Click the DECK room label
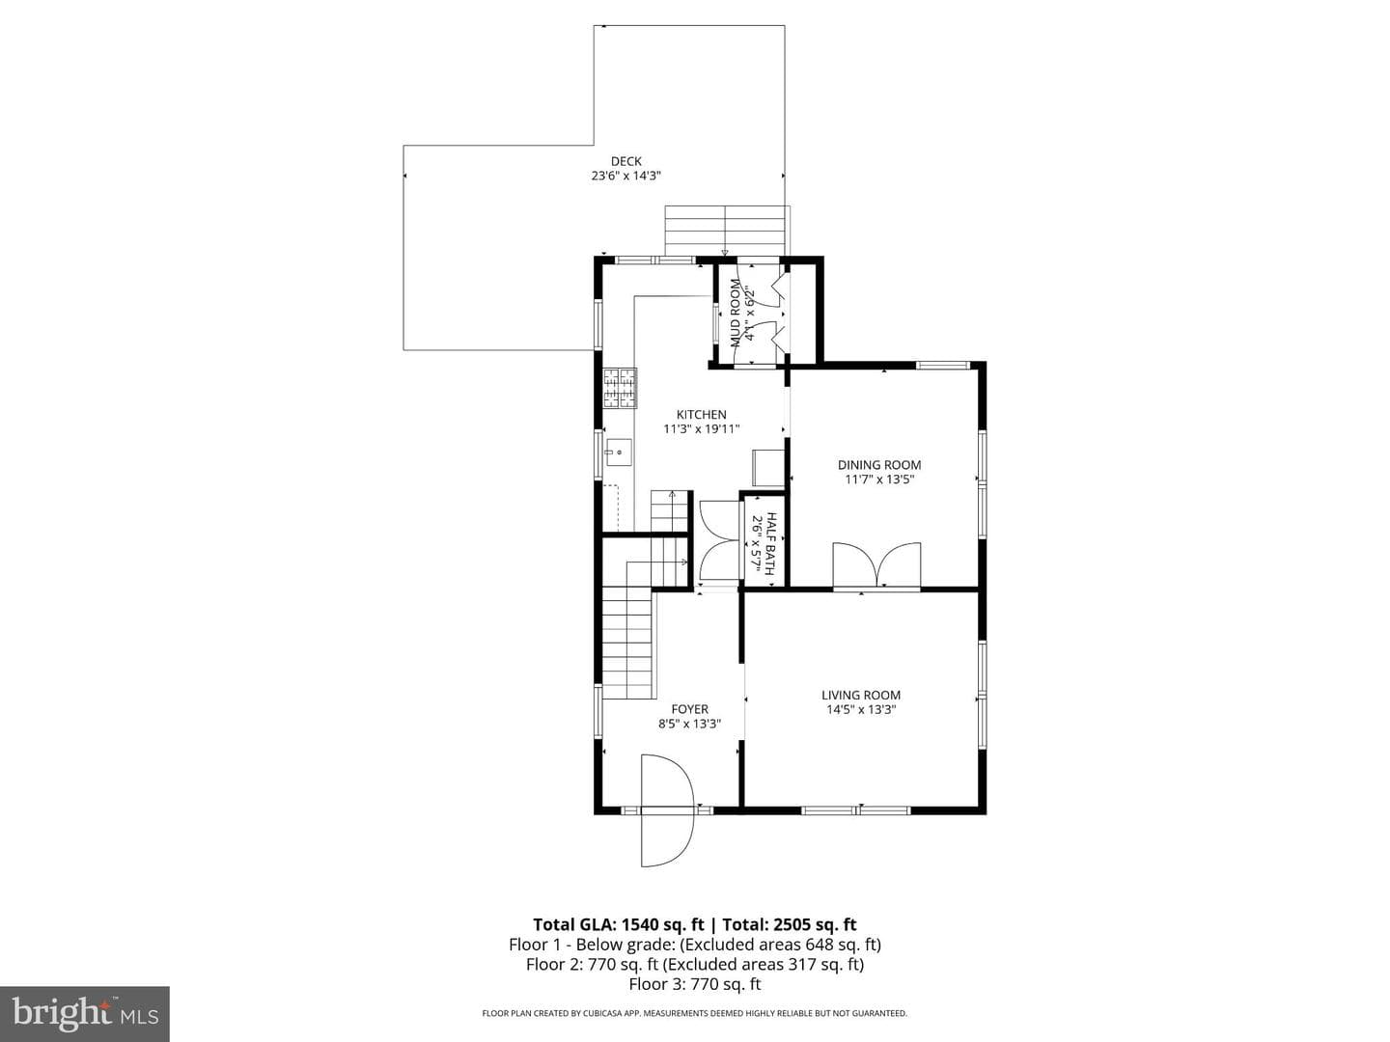[625, 161]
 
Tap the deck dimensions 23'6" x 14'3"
[625, 176]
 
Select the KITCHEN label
[701, 415]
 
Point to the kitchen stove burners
[620, 388]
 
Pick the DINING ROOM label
[879, 465]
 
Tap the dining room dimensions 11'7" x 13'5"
[879, 480]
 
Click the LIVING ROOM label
[861, 695]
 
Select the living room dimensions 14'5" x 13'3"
[861, 709]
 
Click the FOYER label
[689, 709]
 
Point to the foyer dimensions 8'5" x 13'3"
[689, 724]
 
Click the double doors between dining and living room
[876, 565]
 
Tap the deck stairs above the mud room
[726, 231]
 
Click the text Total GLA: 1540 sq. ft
[621, 924]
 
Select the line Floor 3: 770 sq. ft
[695, 984]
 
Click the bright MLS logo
[84, 1013]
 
